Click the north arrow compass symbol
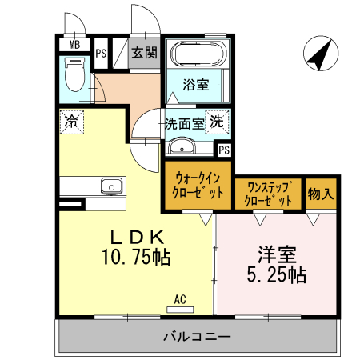click(x=318, y=54)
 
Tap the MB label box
click(x=74, y=46)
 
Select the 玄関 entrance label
click(x=145, y=54)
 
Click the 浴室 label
click(x=195, y=83)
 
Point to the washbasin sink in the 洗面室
click(x=184, y=146)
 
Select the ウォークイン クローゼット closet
click(x=198, y=186)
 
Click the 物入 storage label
click(x=322, y=194)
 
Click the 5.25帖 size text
click(x=277, y=275)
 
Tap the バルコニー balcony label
click(x=198, y=335)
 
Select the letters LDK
click(x=137, y=238)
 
